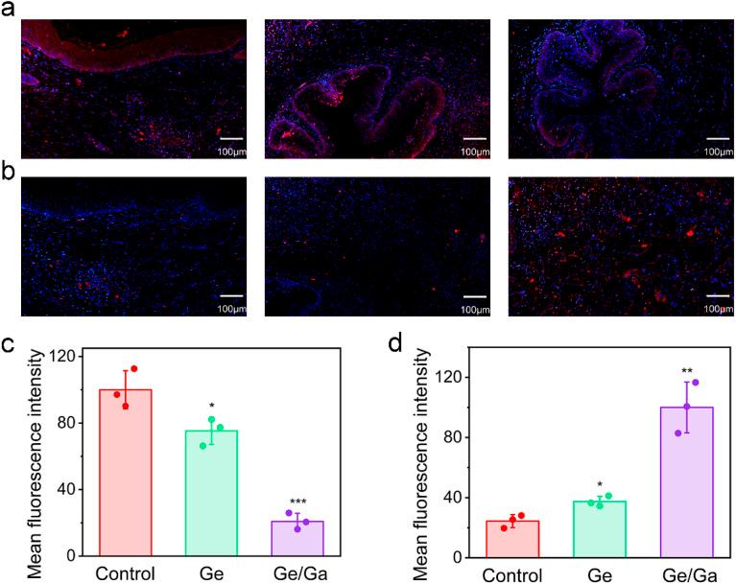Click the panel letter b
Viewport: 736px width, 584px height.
9,175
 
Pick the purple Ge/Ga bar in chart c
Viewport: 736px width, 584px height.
297,537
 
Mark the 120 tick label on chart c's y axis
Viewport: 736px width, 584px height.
67,357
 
